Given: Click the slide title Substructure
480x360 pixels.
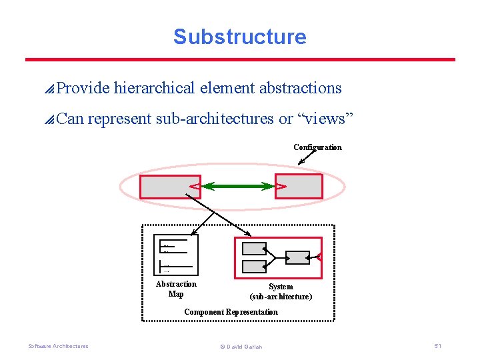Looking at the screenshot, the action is click(x=239, y=37).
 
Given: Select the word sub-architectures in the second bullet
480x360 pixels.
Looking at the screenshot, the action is click(x=215, y=119).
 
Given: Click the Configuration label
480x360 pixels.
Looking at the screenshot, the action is click(x=317, y=147).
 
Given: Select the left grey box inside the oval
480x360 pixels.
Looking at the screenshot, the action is click(x=169, y=187).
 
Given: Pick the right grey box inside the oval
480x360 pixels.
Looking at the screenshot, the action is click(x=299, y=187).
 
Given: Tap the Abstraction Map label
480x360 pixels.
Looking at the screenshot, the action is click(x=176, y=289).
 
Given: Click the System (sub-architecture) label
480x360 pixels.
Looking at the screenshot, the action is click(x=281, y=291).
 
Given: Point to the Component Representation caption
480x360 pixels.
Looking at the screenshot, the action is click(x=231, y=312).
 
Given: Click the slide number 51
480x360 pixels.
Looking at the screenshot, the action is click(x=437, y=345).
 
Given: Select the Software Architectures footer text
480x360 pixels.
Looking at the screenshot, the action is click(x=58, y=346).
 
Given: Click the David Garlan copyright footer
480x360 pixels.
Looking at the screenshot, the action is click(x=240, y=347).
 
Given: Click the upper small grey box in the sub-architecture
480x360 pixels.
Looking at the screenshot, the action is click(x=253, y=249).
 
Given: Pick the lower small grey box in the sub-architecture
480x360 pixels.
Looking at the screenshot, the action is click(x=253, y=267).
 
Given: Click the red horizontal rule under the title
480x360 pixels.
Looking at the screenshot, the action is click(x=240, y=59).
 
